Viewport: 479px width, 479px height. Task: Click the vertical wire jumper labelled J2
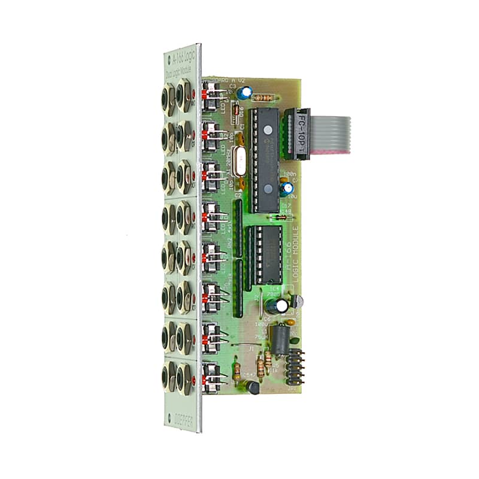(x=262, y=302)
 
